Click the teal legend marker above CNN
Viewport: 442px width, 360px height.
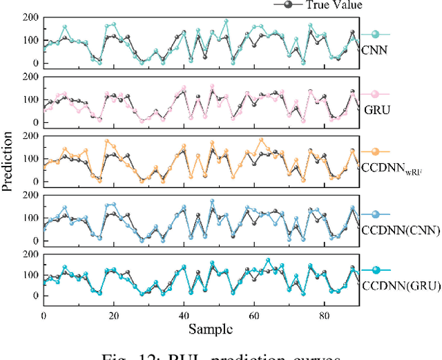pos(375,34)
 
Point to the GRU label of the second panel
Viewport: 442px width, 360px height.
pos(372,109)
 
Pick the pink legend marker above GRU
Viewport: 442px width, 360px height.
pos(375,95)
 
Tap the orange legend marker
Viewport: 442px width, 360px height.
pos(375,152)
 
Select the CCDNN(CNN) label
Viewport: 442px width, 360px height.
pos(399,230)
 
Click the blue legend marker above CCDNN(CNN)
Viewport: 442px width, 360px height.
pos(375,215)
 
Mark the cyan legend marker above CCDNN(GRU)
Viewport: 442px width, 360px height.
pos(375,271)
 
